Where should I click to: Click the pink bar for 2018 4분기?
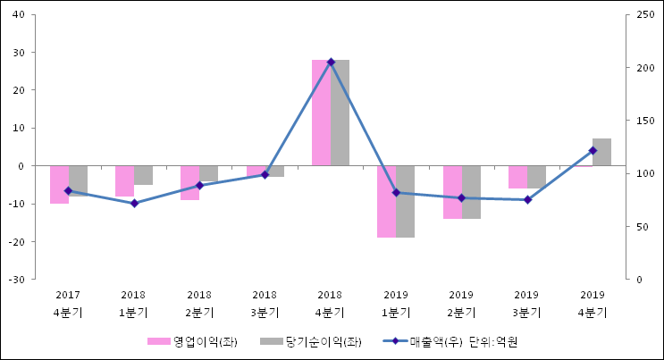321,113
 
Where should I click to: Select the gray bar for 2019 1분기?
405,201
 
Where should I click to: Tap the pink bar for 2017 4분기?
59,184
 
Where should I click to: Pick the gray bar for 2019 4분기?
601,152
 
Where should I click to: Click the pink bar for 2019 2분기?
452,192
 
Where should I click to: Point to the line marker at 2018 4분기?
331,62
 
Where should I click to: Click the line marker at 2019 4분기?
593,150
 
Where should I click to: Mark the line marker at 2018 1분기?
134,204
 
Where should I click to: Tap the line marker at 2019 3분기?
527,200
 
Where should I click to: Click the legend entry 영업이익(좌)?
192,341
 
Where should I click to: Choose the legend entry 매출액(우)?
420,341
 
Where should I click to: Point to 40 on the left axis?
19,14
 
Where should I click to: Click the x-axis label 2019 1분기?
396,304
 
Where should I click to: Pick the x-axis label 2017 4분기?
68,304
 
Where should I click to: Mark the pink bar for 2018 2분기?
189,182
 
